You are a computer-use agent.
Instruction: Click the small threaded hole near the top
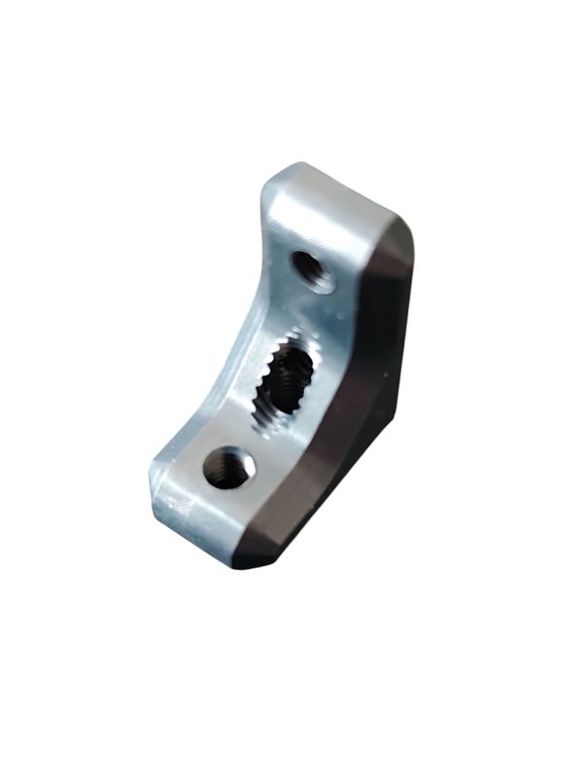[x=313, y=269]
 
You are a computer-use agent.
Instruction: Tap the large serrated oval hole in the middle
[x=285, y=384]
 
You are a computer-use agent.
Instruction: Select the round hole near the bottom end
[x=229, y=468]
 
